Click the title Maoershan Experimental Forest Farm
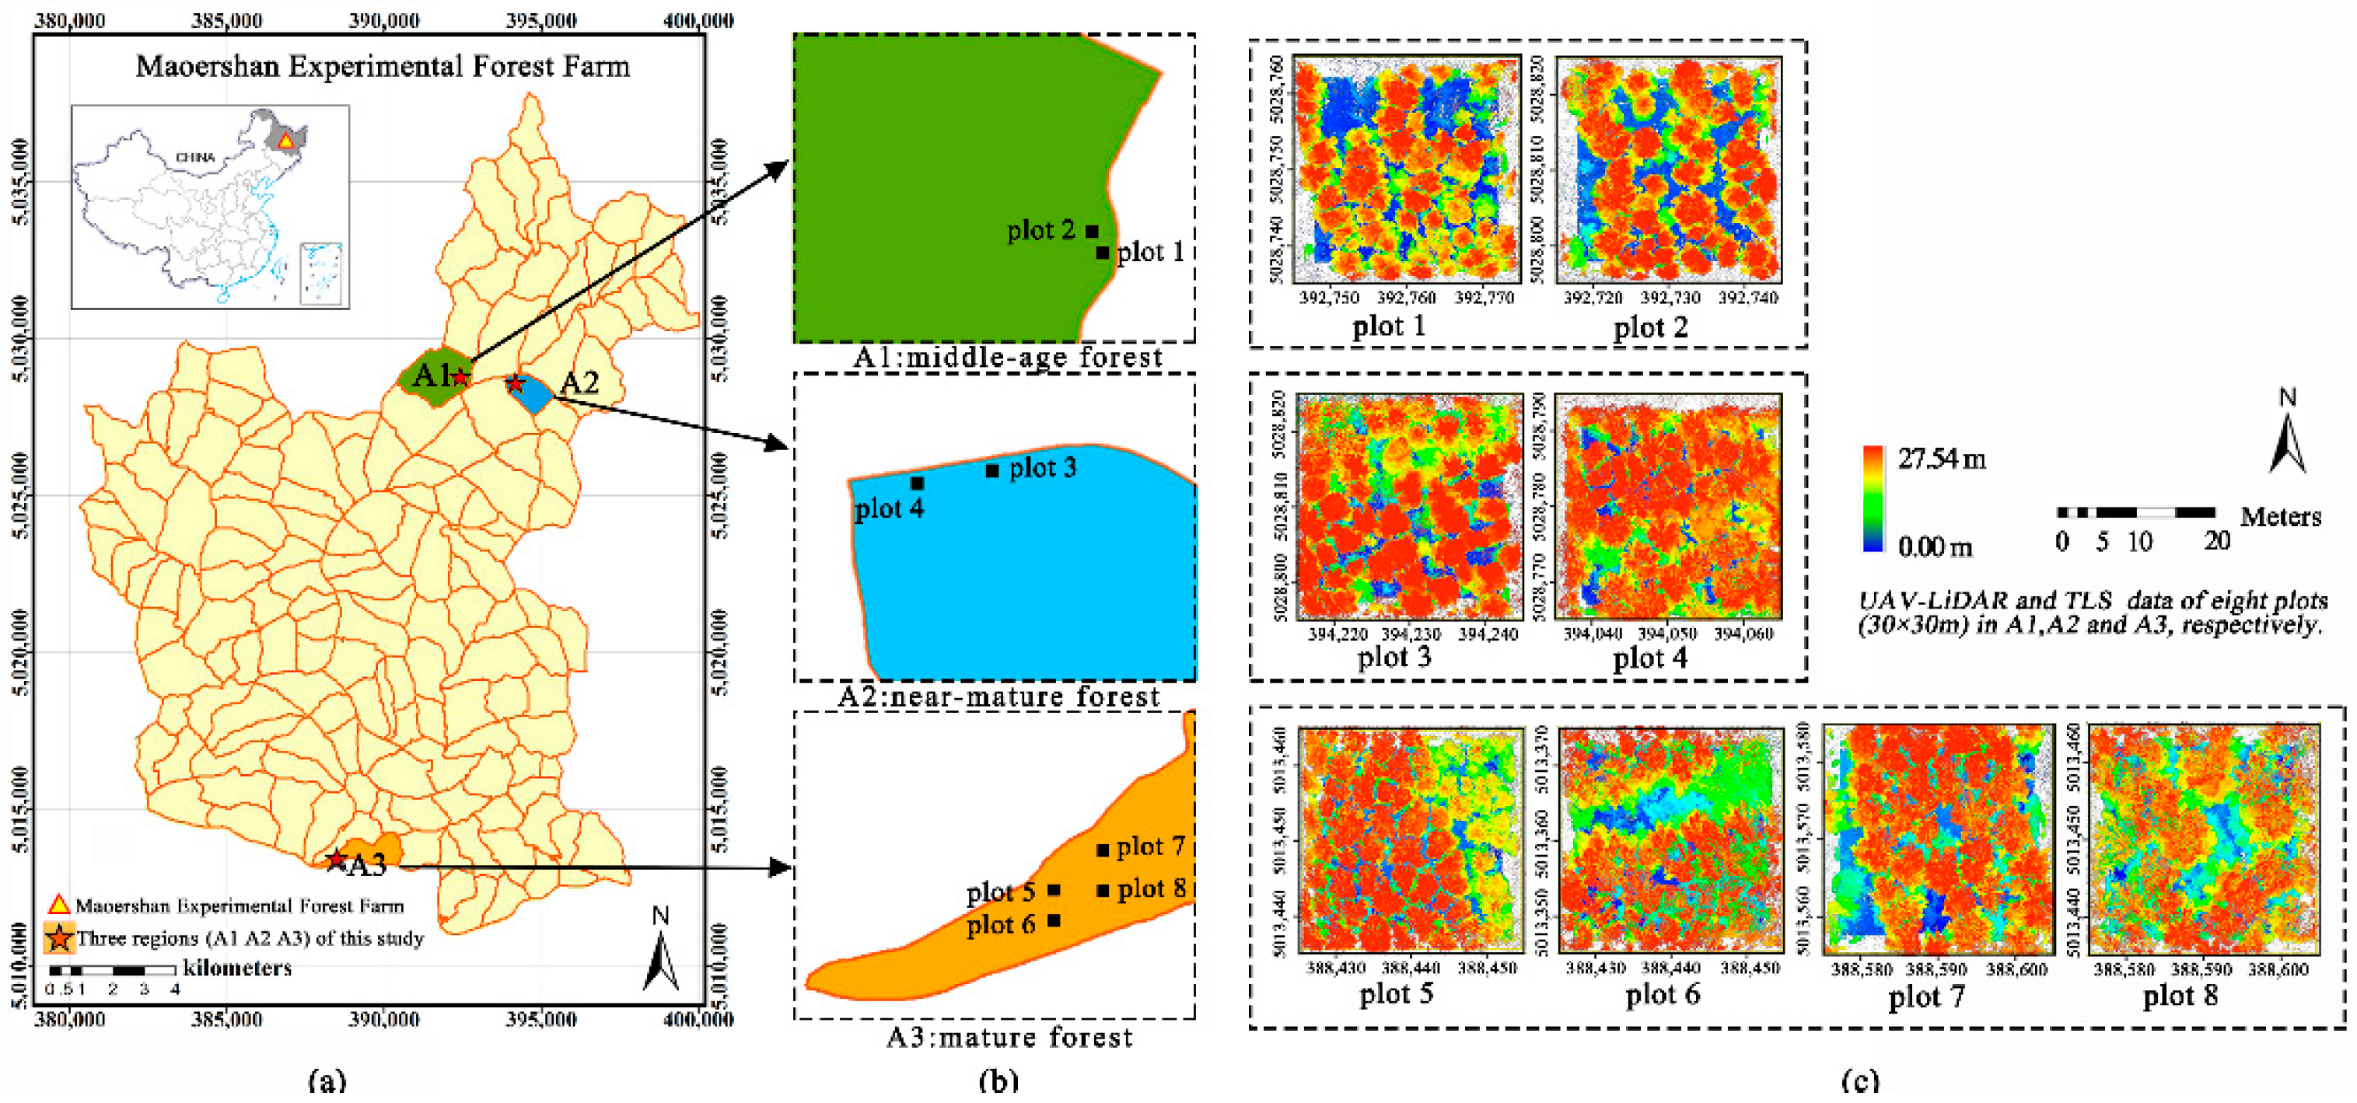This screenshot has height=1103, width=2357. (383, 67)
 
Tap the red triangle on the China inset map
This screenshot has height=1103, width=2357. (285, 141)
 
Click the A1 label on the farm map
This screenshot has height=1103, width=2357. (430, 375)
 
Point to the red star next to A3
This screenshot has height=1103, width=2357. (336, 860)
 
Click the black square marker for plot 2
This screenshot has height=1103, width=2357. (1092, 232)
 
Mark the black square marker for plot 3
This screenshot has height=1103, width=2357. (991, 471)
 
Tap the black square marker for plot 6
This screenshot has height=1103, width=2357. (1054, 921)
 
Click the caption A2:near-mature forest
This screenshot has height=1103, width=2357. (998, 697)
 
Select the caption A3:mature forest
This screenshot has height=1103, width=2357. (1009, 1037)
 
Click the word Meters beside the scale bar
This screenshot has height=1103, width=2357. (2280, 517)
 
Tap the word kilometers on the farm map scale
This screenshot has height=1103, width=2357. (237, 968)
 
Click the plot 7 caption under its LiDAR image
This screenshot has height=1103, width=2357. (1926, 996)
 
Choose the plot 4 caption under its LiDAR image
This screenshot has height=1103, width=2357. (1649, 658)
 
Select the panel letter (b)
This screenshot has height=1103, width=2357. (998, 1081)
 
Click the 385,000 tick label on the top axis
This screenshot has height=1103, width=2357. (227, 20)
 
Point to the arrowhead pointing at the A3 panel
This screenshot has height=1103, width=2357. (782, 867)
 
